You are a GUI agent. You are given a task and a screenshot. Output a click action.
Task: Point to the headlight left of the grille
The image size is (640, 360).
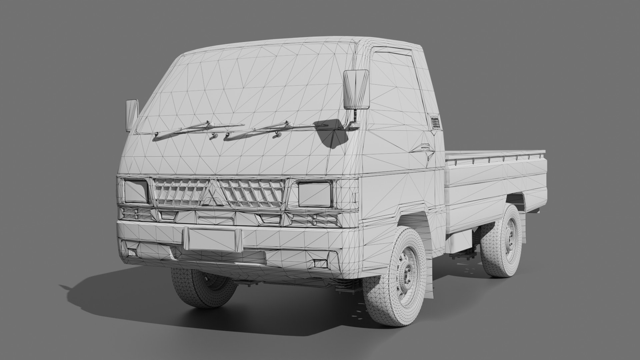pyautogui.click(x=136, y=191)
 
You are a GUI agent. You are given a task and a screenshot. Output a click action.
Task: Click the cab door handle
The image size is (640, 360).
pyautogui.click(x=425, y=147)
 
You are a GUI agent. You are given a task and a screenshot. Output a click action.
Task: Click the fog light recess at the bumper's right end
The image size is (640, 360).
pyautogui.click(x=320, y=263)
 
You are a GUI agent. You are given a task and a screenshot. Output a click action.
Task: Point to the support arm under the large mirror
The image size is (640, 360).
pyautogui.click(x=355, y=117)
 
